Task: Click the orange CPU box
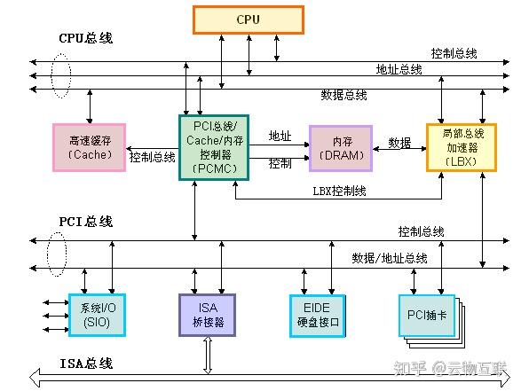point(248,20)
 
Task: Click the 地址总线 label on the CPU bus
point(399,69)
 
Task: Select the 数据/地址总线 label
point(390,258)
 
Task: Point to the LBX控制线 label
point(340,191)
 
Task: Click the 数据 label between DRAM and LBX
point(400,142)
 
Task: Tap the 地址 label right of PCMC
point(280,137)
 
